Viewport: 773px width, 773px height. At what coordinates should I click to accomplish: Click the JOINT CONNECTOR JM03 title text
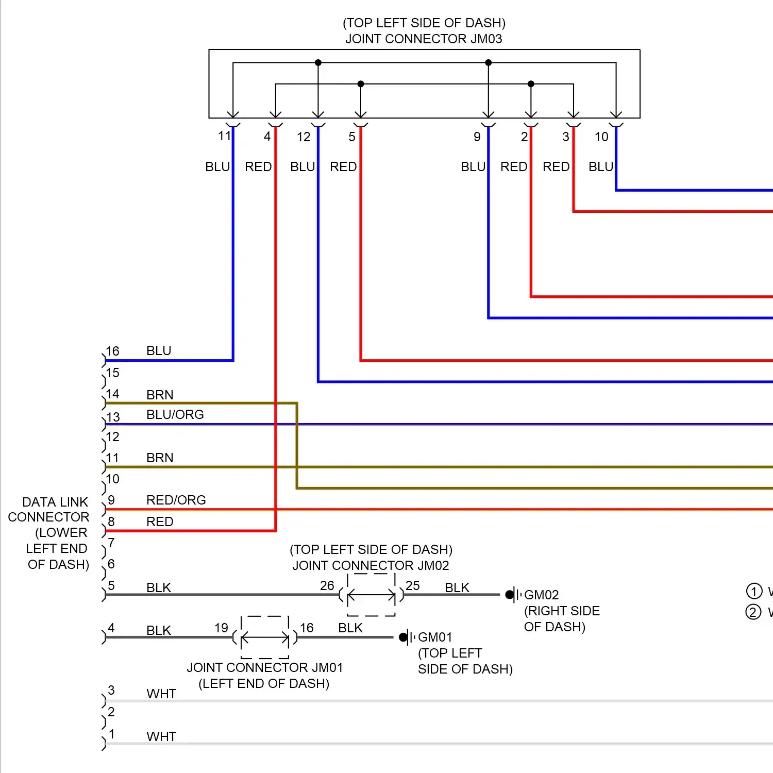tap(424, 39)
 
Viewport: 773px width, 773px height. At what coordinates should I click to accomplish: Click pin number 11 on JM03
tap(224, 136)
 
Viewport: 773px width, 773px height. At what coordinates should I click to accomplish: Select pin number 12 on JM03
tap(304, 137)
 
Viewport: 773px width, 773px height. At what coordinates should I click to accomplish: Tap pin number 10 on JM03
tap(601, 137)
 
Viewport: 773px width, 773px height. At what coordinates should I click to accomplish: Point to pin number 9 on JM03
tap(477, 137)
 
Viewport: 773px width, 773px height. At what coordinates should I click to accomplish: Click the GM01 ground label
tap(435, 637)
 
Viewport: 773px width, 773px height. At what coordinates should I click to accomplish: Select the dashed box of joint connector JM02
tap(372, 595)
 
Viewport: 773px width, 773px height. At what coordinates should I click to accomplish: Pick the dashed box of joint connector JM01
tap(265, 637)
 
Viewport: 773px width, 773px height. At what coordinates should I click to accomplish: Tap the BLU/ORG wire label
tap(175, 415)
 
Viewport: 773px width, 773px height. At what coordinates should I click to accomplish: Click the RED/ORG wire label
tap(176, 500)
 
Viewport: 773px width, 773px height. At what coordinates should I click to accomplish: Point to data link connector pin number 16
tap(113, 351)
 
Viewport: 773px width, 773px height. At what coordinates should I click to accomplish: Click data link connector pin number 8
tap(111, 522)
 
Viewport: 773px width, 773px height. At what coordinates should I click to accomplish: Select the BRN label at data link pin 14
tap(160, 395)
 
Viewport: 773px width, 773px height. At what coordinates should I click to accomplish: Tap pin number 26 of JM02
tap(327, 586)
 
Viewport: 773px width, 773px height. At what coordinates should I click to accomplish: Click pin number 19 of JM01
tap(222, 628)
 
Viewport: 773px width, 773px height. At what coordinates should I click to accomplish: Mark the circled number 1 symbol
tap(754, 591)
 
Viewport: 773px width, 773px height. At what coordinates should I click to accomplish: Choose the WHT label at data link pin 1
tap(161, 737)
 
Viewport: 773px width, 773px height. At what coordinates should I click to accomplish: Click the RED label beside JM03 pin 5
tap(343, 167)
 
